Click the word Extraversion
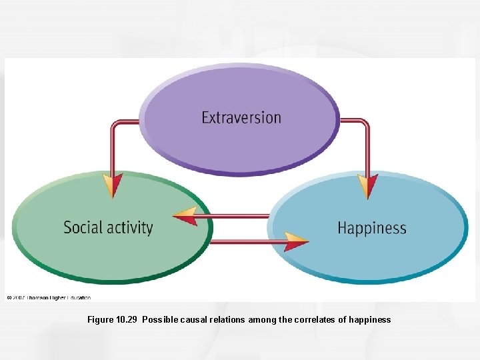[241, 118]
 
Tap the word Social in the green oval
[83, 227]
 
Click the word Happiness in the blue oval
[371, 228]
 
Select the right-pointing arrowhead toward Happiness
[295, 241]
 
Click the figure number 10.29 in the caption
[126, 320]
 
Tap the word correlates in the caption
[311, 320]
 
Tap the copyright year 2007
[19, 297]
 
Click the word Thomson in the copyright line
[39, 297]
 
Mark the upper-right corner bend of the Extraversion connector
[365, 123]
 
